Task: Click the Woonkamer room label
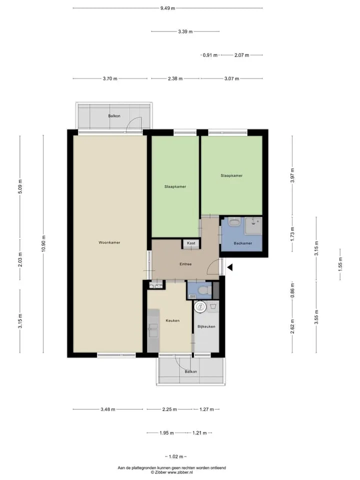coord(109,242)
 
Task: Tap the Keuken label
coord(172,320)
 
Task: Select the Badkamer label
coord(243,243)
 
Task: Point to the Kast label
coord(191,243)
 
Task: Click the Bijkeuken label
coord(206,326)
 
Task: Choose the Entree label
coord(185,264)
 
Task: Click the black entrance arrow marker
coord(230,267)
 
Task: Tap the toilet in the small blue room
coord(204,289)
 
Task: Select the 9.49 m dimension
coord(168,8)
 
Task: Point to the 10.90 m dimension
coord(43,243)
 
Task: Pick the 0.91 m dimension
coord(210,55)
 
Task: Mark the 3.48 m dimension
coord(108,409)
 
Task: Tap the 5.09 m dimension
coord(20,186)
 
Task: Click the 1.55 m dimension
coord(340,264)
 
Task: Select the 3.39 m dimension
coord(185,31)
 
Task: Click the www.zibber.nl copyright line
coord(171,472)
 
